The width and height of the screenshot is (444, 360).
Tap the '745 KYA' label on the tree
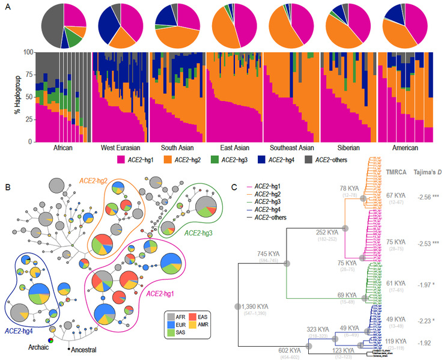click(270, 255)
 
